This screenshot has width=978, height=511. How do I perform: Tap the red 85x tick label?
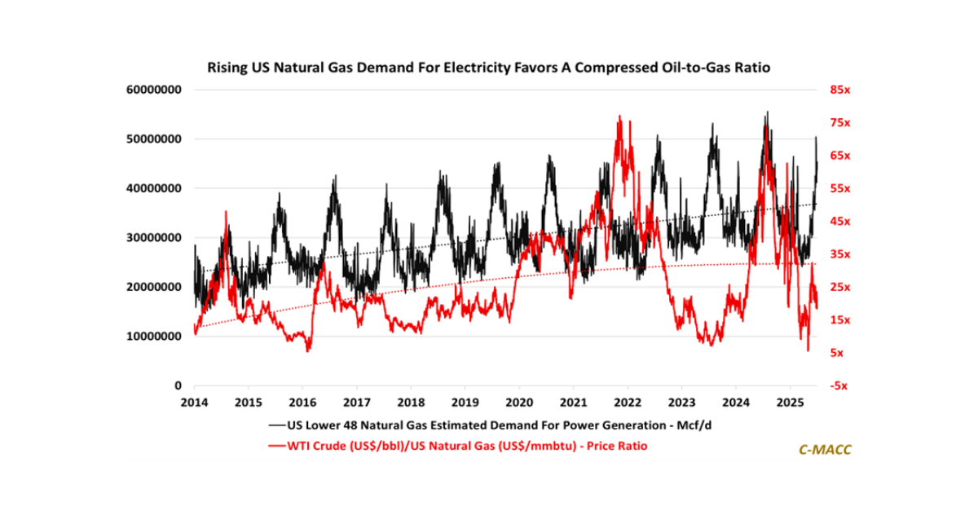840,90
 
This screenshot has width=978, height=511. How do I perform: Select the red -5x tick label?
840,385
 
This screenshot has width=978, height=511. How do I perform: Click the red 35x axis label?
840,254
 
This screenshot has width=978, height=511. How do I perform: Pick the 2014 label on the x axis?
194,403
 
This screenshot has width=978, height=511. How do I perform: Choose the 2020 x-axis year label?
518,403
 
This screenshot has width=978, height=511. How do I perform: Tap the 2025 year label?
789,403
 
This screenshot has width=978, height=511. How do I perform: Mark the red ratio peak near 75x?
619,117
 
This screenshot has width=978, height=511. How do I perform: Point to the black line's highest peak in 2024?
766,112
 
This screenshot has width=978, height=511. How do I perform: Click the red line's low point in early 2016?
307,351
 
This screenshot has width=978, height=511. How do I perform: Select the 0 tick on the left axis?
178,385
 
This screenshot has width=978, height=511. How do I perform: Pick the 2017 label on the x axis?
356,403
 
